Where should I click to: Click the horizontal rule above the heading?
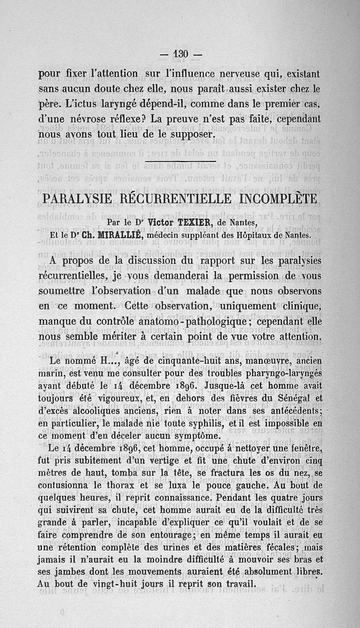tap(182, 161)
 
